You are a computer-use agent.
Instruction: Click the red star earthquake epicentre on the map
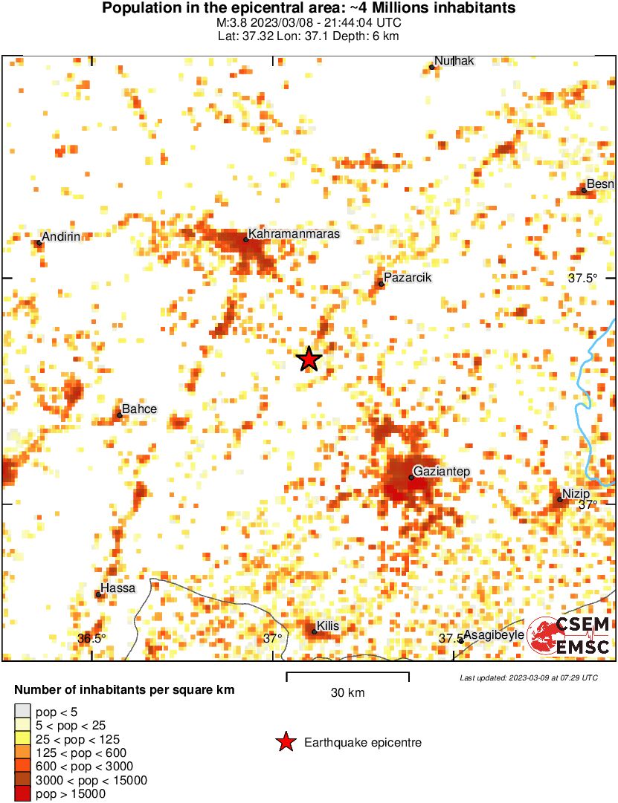click(309, 360)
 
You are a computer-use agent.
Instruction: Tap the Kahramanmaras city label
click(294, 234)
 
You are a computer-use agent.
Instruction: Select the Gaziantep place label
click(442, 472)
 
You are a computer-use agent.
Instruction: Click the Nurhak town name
click(454, 61)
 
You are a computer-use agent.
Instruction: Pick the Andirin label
click(61, 237)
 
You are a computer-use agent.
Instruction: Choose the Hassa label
click(118, 588)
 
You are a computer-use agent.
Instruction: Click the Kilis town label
click(328, 626)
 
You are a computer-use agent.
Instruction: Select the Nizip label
click(576, 494)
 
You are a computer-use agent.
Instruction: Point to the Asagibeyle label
click(494, 635)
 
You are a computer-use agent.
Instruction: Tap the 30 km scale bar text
click(347, 693)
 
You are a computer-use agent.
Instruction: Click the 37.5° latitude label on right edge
click(583, 278)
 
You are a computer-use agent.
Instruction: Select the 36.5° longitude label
click(91, 638)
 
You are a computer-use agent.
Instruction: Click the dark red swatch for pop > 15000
click(23, 794)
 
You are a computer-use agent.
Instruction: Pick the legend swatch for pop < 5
click(23, 711)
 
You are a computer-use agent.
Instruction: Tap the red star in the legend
click(285, 742)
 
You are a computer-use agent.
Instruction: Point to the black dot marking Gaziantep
click(411, 477)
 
